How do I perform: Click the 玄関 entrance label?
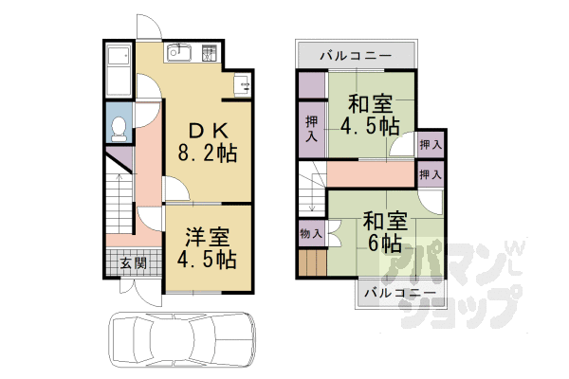coord(133,262)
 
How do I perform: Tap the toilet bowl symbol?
coord(118,126)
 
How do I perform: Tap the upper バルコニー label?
coord(356,56)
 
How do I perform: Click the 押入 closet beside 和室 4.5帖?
coord(312,128)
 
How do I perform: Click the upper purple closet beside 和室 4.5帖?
coord(312,86)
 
